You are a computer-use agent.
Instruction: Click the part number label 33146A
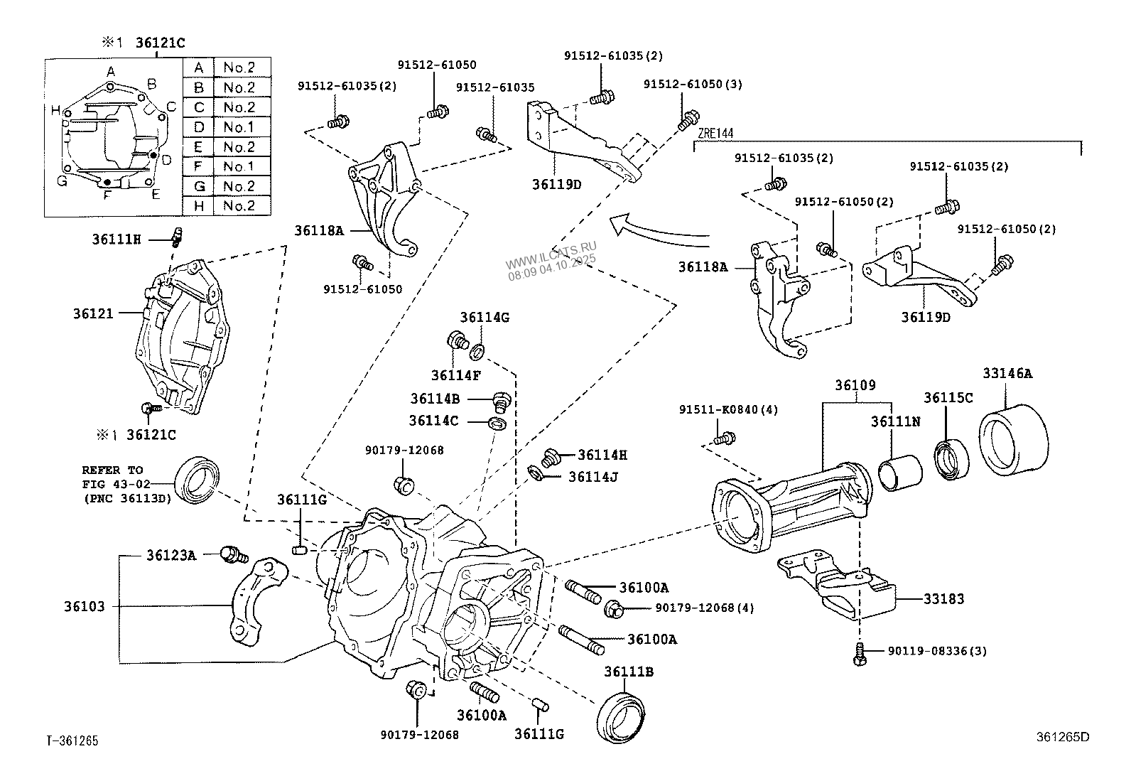[x=1007, y=372]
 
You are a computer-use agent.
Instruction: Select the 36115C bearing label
[x=948, y=398]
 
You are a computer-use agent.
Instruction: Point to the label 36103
[x=84, y=607]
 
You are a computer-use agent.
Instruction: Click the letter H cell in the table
[x=199, y=206]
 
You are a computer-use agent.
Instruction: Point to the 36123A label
[x=171, y=555]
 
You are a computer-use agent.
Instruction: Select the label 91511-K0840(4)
[x=728, y=410]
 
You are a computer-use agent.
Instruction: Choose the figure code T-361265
[x=72, y=741]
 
